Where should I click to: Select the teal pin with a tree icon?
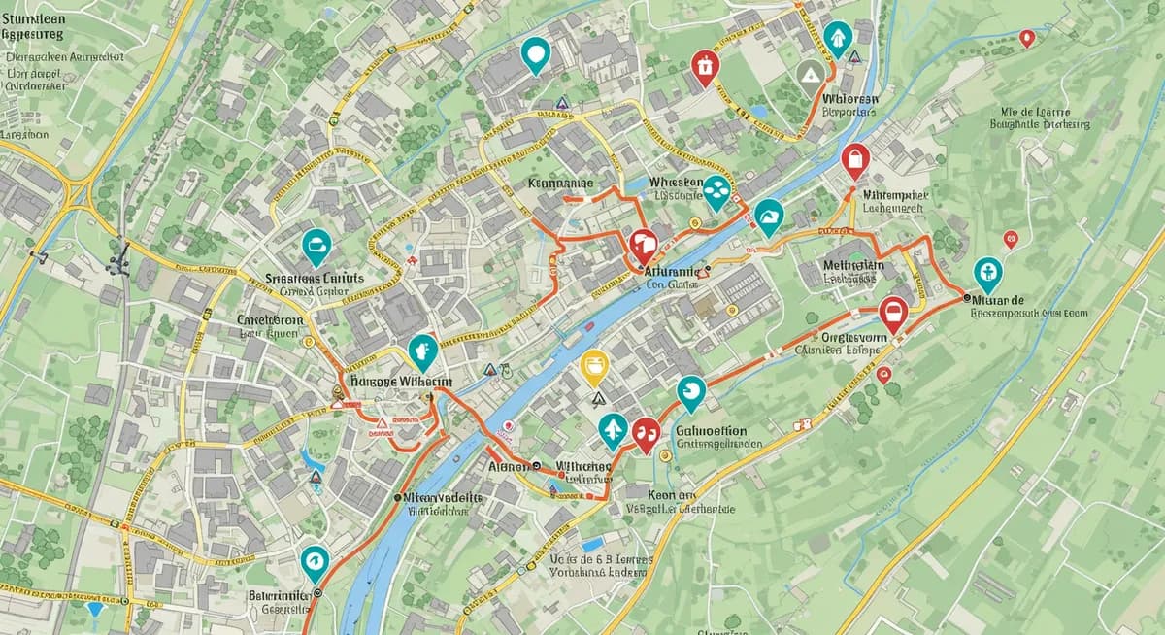tap(837, 38)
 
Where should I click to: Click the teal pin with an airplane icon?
tap(613, 429)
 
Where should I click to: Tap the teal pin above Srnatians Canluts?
tap(316, 247)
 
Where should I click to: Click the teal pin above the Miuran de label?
tap(987, 274)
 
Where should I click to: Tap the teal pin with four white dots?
tap(716, 192)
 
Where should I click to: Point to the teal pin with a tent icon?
tap(768, 217)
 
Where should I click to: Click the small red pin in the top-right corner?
tap(1026, 39)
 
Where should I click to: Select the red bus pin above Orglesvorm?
tap(892, 313)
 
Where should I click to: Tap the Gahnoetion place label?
tap(710, 431)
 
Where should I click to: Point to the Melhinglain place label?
tap(853, 265)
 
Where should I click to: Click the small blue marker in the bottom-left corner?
tap(94, 609)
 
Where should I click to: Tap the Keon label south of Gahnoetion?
tap(651, 493)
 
